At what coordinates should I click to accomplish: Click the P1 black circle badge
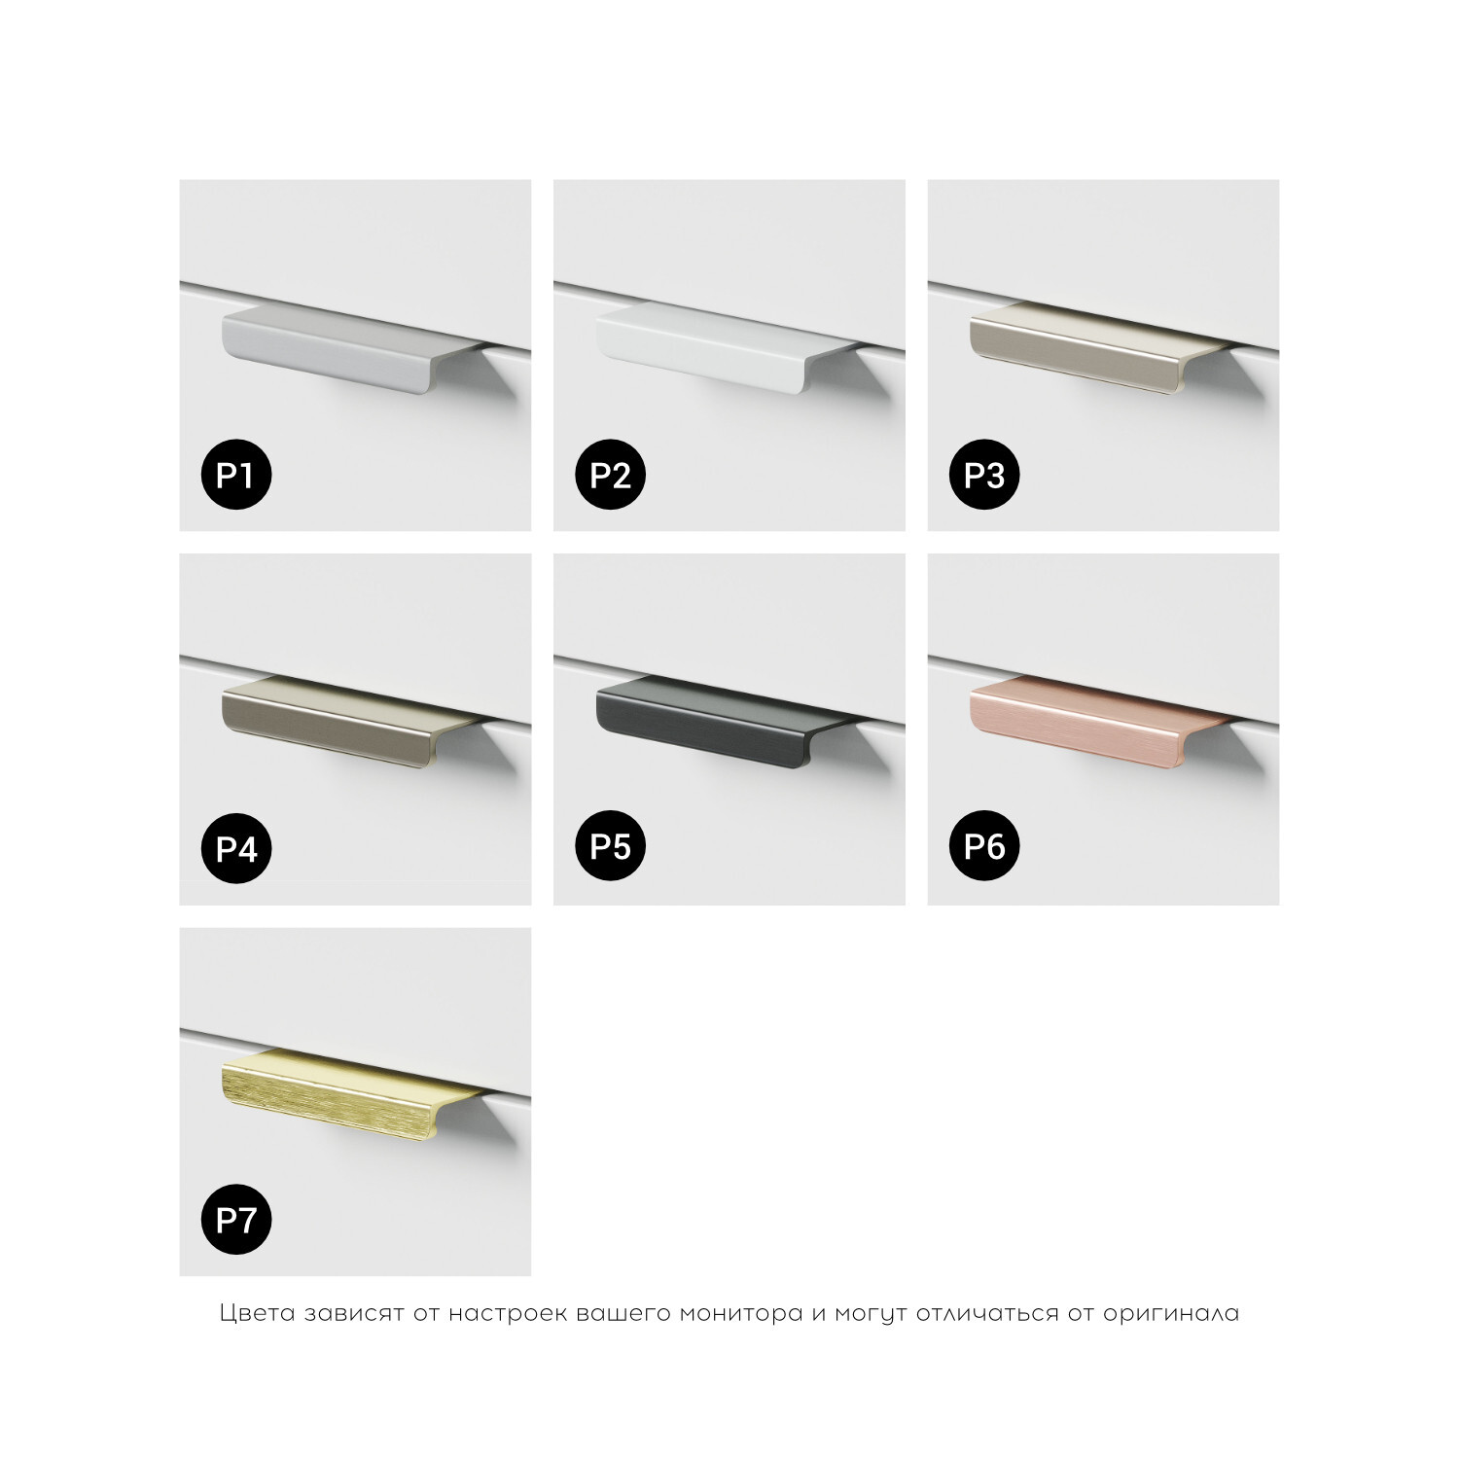pyautogui.click(x=235, y=475)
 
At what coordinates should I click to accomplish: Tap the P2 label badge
pyautogui.click(x=610, y=475)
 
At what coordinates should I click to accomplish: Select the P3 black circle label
pyautogui.click(x=983, y=475)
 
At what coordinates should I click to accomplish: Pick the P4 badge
pyautogui.click(x=235, y=848)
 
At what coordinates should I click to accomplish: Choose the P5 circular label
pyautogui.click(x=610, y=846)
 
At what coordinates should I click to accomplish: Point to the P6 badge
pyautogui.click(x=983, y=846)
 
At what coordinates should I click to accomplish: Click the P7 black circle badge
pyautogui.click(x=235, y=1219)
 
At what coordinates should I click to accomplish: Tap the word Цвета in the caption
pyautogui.click(x=258, y=1313)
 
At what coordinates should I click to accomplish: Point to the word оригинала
pyautogui.click(x=1171, y=1314)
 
